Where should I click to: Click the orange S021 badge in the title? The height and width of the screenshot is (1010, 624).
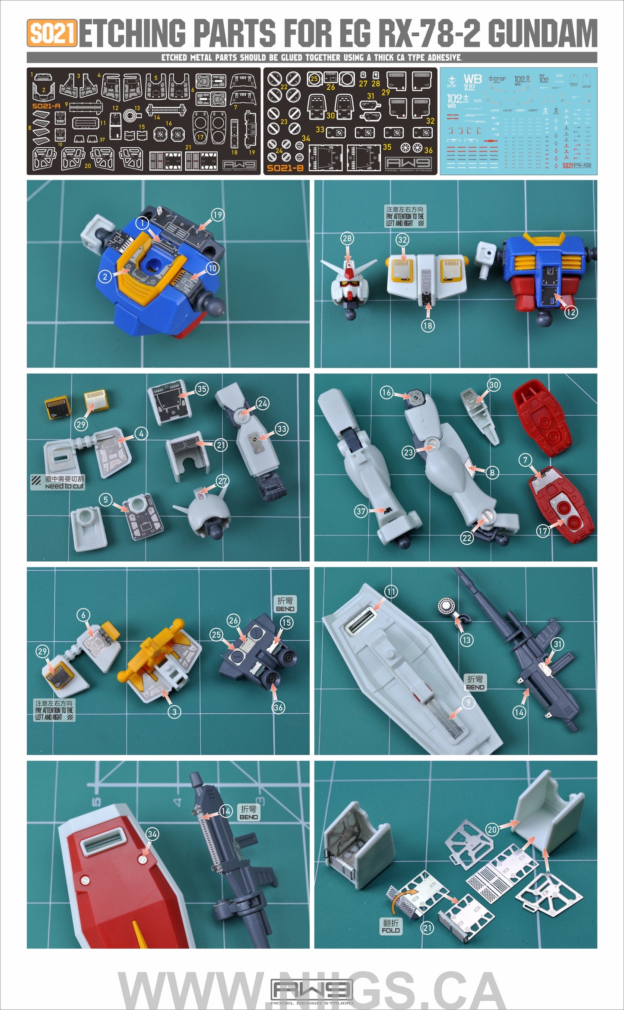[x=52, y=33]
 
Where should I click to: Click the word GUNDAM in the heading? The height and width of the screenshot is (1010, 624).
[x=542, y=34]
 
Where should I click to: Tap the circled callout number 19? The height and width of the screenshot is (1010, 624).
[x=217, y=215]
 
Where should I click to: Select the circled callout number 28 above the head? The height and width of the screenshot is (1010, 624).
[x=347, y=238]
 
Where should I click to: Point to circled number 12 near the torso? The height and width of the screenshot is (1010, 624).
[x=571, y=312]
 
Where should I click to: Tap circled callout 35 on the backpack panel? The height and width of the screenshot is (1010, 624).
[x=202, y=389]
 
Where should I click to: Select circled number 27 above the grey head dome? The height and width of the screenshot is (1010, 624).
[x=222, y=481]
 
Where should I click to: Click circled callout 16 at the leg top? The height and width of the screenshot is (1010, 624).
[x=386, y=392]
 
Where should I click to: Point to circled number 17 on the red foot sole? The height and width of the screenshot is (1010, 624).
[x=543, y=531]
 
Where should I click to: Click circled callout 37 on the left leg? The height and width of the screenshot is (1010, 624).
[x=361, y=511]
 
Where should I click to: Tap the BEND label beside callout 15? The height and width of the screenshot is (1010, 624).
[x=285, y=604]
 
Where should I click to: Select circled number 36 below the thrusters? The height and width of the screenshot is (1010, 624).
[x=279, y=707]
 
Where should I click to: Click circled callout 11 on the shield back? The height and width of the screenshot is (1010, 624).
[x=391, y=592]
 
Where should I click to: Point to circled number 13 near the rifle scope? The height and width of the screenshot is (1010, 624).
[x=466, y=640]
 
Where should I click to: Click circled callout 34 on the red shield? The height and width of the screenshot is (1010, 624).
[x=152, y=834]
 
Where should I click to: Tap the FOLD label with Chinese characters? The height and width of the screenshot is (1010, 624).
[x=391, y=926]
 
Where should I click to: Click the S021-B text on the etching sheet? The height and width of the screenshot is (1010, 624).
[x=285, y=168]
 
